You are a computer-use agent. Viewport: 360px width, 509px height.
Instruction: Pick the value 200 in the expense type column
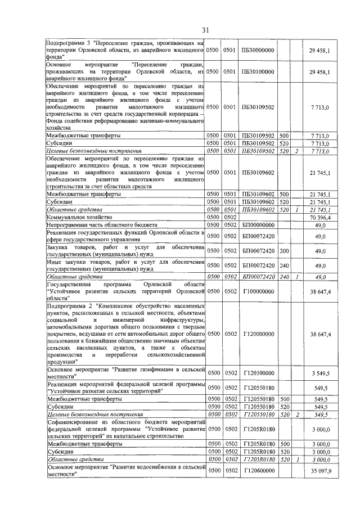coord(283,251)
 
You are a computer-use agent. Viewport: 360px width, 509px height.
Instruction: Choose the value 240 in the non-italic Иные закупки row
coord(283,265)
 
